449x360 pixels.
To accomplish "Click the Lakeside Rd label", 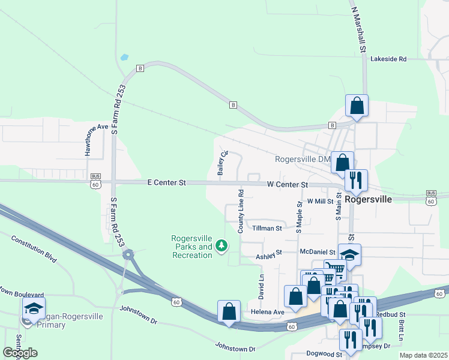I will [388, 59].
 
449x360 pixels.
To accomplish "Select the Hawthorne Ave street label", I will [96, 139].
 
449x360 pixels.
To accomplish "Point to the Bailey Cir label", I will [222, 162].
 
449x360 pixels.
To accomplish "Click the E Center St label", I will [167, 182].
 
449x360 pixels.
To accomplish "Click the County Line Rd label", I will [241, 211].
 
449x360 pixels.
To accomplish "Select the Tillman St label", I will [267, 228].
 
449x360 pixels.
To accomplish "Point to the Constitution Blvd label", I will [34, 248].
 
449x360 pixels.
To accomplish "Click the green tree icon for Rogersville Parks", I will [221, 245].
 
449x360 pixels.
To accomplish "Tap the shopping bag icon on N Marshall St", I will [357, 106].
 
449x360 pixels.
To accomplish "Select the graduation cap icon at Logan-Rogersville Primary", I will [34, 308].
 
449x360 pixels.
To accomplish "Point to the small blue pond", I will [124, 58].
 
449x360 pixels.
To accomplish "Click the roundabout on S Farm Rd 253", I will [128, 256].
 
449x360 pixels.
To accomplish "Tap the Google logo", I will [20, 353].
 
